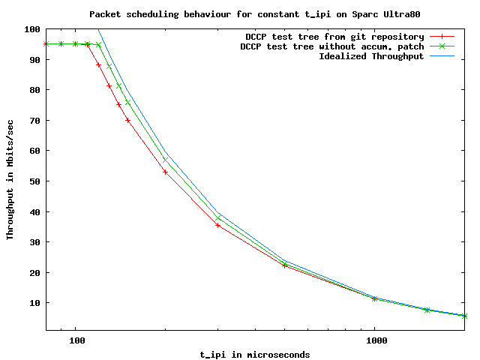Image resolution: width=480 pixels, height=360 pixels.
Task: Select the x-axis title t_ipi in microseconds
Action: point(255,354)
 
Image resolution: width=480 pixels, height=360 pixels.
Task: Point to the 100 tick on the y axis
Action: point(31,29)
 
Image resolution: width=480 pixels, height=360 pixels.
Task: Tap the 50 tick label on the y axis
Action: point(34,181)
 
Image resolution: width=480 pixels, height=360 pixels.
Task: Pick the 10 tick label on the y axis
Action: point(34,303)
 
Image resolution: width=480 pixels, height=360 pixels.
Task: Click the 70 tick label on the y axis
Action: point(34,121)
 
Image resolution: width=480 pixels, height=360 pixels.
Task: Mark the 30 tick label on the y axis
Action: point(34,242)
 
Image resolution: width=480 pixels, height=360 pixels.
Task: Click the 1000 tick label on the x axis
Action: point(375,340)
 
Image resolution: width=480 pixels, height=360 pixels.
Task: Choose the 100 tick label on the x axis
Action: point(76,340)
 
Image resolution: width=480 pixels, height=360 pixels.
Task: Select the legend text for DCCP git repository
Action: point(334,37)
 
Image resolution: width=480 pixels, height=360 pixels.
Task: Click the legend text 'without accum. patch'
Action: point(331,46)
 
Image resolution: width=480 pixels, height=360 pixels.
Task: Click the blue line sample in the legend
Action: point(442,56)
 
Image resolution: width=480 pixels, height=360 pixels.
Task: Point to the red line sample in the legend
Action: point(442,37)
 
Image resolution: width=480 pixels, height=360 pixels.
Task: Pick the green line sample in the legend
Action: point(442,46)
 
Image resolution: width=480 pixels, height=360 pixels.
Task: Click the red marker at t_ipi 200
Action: point(165,172)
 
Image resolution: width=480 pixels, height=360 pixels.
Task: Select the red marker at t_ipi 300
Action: point(218,225)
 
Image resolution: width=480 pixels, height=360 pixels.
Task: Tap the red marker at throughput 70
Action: point(128,120)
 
